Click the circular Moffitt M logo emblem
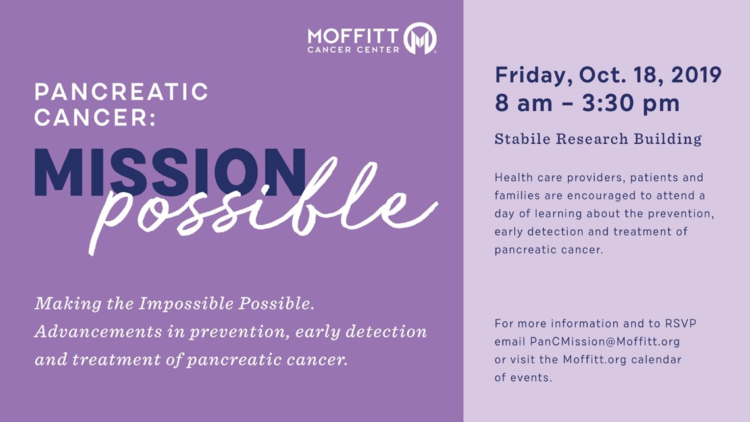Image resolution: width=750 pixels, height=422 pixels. click(420, 38)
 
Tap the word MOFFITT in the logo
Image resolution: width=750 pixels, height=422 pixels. click(353, 36)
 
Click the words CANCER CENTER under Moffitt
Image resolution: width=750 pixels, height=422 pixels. click(353, 50)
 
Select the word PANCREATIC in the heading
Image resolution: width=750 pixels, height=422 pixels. click(122, 92)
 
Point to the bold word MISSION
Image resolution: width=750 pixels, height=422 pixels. click(170, 172)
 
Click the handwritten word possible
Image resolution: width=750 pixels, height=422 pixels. click(263, 206)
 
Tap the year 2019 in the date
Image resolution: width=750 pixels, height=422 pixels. click(696, 74)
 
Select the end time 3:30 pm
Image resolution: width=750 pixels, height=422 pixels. click(630, 103)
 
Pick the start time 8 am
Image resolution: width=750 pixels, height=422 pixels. click(524, 103)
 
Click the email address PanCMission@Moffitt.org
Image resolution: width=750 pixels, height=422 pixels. click(605, 342)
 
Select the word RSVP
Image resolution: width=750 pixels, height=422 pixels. click(681, 323)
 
